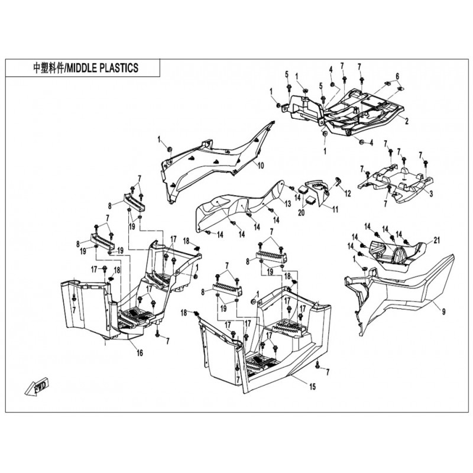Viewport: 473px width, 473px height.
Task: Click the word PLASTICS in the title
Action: [119, 69]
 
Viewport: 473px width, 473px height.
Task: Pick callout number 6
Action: [397, 76]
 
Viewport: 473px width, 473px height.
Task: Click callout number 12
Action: [348, 193]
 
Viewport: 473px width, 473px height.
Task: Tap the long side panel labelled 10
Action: [213, 157]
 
